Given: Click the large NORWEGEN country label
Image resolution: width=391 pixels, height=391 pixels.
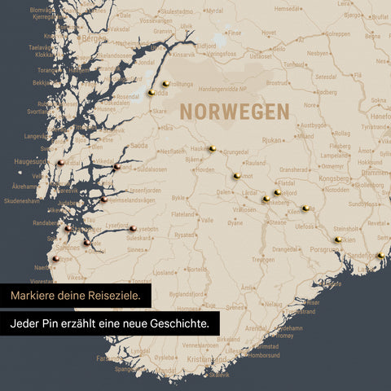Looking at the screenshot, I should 235,111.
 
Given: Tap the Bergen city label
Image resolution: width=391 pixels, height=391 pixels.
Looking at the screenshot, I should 93,38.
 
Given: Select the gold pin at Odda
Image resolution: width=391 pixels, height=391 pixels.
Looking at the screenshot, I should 152,93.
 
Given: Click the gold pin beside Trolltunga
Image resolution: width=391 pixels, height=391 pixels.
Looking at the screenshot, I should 165,83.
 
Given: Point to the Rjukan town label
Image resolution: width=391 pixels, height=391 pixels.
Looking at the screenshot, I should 270,139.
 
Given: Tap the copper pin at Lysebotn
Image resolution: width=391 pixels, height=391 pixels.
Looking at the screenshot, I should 133,229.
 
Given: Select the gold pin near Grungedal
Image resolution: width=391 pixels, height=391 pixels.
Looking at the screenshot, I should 212,149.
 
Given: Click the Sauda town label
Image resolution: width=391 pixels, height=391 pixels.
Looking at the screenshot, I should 139,145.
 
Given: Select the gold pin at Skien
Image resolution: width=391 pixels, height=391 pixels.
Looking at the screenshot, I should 338,239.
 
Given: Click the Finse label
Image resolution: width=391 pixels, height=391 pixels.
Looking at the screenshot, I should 234,34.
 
